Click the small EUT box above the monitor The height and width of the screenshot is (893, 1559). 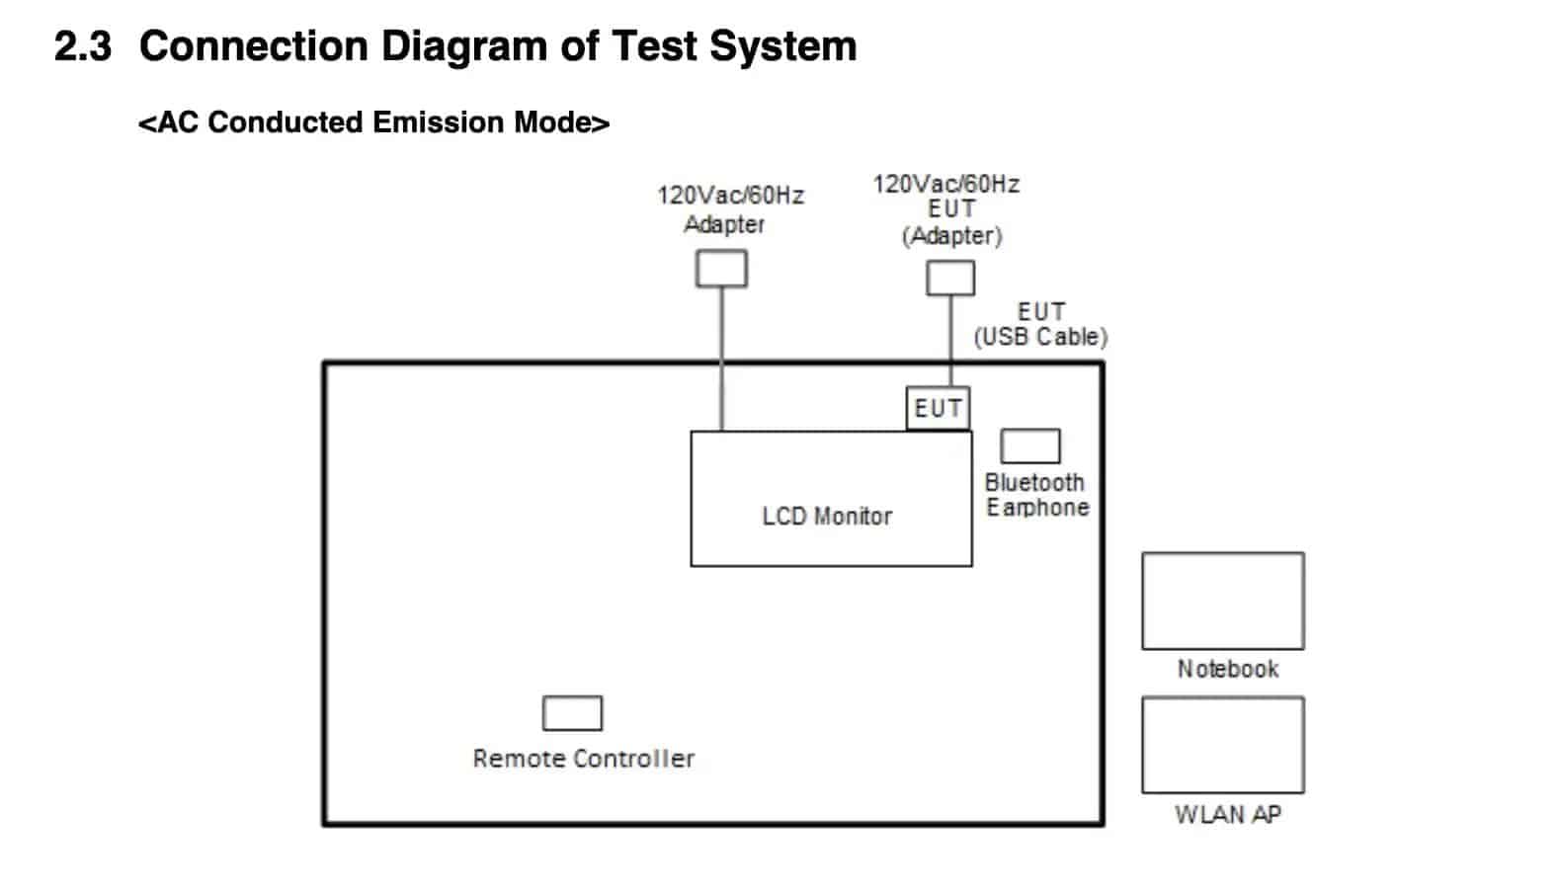point(937,408)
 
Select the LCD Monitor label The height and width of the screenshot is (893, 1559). point(827,517)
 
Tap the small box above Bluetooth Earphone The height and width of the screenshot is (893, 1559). point(1029,446)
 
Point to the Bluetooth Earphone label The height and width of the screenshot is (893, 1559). point(1036,495)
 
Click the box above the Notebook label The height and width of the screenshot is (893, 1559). point(1222,601)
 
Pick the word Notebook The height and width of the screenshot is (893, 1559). point(1227,669)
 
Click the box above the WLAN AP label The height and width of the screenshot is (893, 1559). point(1222,745)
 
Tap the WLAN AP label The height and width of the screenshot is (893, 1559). point(1227,814)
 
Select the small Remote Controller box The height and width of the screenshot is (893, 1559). point(572,713)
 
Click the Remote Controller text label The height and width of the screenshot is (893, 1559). point(583,759)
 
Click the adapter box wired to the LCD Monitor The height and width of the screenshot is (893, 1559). point(721,269)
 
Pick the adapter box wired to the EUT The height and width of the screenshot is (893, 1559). point(949,278)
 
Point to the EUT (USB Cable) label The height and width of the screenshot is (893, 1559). point(1040,325)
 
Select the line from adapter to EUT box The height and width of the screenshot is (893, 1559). point(950,340)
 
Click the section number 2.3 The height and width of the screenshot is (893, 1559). point(83,46)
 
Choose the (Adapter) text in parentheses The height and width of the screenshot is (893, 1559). point(951,236)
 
